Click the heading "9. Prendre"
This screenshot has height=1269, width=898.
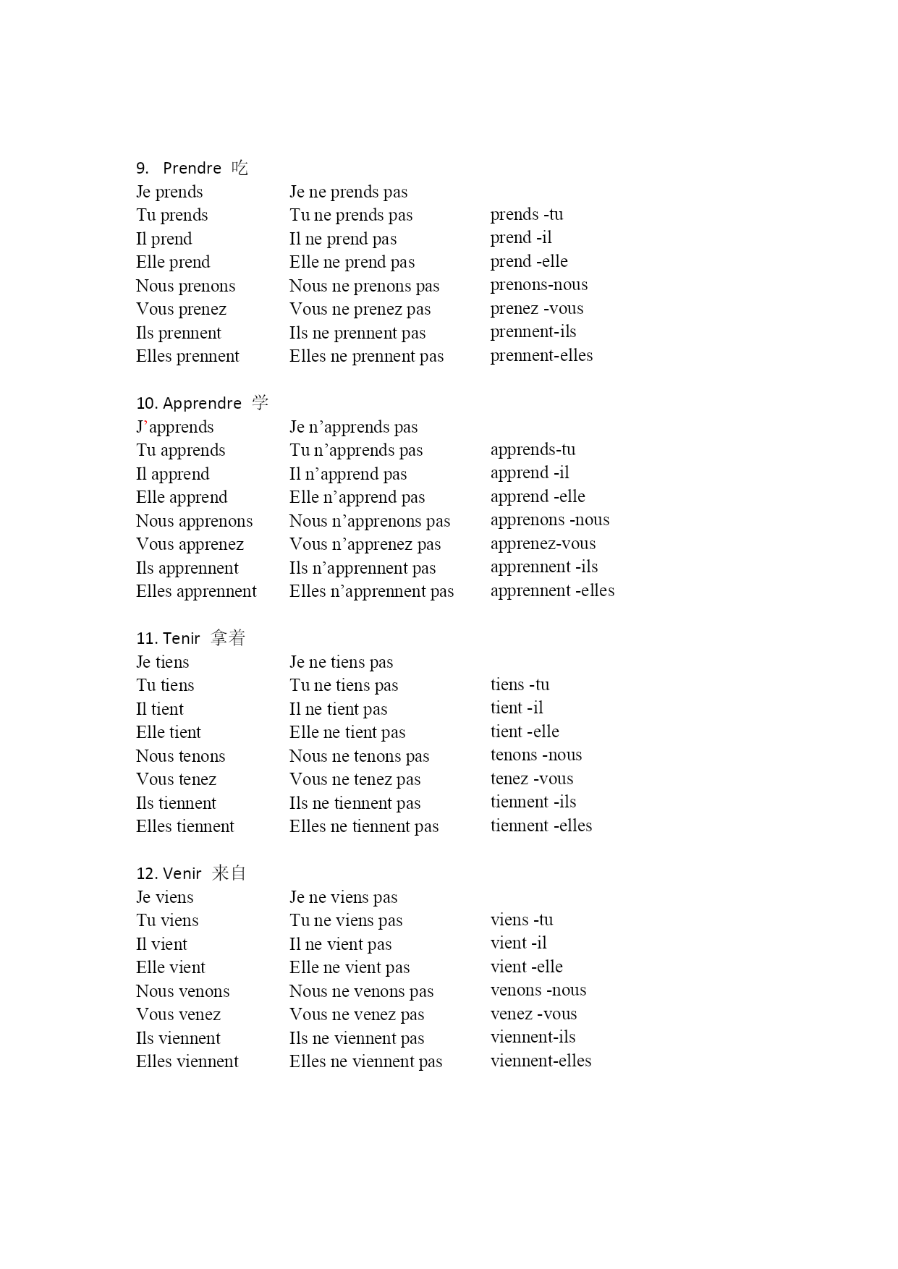point(179,169)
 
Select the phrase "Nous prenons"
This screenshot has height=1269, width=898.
point(185,286)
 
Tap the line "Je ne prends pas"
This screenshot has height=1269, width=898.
point(348,192)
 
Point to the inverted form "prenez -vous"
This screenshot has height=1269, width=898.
point(536,309)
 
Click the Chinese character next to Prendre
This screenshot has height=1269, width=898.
point(240,169)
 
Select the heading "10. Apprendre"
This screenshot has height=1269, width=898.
point(189,404)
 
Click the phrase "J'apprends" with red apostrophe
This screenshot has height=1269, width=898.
point(174,427)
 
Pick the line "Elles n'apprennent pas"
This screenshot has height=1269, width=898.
point(371,592)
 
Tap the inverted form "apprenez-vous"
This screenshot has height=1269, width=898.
point(543,544)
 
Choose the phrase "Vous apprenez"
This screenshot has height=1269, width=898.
point(190,544)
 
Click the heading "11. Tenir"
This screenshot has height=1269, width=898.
point(168,639)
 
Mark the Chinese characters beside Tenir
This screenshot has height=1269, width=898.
point(228,638)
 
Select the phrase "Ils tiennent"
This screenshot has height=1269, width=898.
point(176,803)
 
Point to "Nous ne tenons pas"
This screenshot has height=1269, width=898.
point(359,756)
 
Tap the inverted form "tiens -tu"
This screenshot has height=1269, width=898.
point(520,684)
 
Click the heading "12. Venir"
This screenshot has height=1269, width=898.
point(169,874)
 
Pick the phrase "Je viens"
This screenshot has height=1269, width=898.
point(164,897)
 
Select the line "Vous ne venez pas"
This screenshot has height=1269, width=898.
point(357,1014)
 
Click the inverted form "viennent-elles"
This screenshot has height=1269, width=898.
point(541,1061)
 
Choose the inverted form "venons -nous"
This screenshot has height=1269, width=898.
point(538,990)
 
